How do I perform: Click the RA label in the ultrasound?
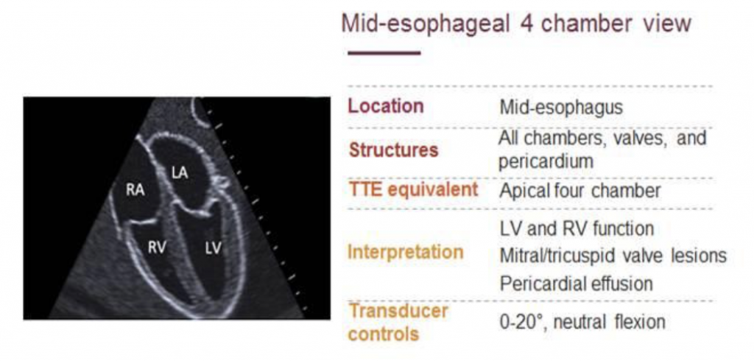tap(135, 190)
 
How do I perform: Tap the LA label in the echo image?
tap(180, 173)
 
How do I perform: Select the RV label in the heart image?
tap(157, 248)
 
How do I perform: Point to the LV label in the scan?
tap(213, 248)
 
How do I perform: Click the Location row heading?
tap(386, 106)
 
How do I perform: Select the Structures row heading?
tap(394, 150)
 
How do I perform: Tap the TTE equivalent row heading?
tap(413, 189)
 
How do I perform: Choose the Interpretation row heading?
tap(406, 252)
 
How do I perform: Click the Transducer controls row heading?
tap(398, 322)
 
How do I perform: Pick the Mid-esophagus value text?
tap(561, 108)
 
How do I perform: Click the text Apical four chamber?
tap(580, 191)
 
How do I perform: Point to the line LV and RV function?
tap(577, 228)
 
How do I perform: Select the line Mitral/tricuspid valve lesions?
tap(613, 256)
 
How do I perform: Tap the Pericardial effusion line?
tap(576, 284)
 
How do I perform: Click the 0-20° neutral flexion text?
tap(582, 321)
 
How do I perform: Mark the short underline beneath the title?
tap(384, 53)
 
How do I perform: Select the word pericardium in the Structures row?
tap(546, 162)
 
